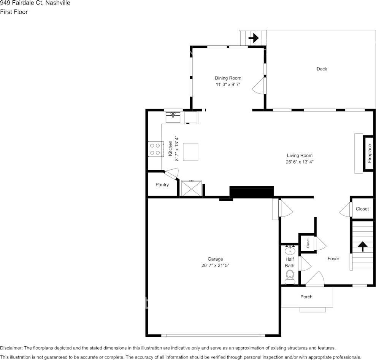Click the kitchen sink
click(173, 117)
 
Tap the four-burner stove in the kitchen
click(155, 149)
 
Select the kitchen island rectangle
click(190, 152)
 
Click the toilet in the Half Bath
click(290, 277)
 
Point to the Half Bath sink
click(290, 250)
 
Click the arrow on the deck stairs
click(254, 38)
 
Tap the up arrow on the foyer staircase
click(363, 247)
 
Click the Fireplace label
click(370, 153)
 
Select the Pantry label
click(162, 185)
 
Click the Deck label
click(322, 69)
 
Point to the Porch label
click(306, 297)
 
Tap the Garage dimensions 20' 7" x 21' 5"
click(215, 266)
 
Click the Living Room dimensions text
click(300, 162)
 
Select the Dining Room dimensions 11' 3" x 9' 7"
click(228, 84)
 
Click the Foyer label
click(333, 259)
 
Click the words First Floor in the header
click(14, 12)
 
